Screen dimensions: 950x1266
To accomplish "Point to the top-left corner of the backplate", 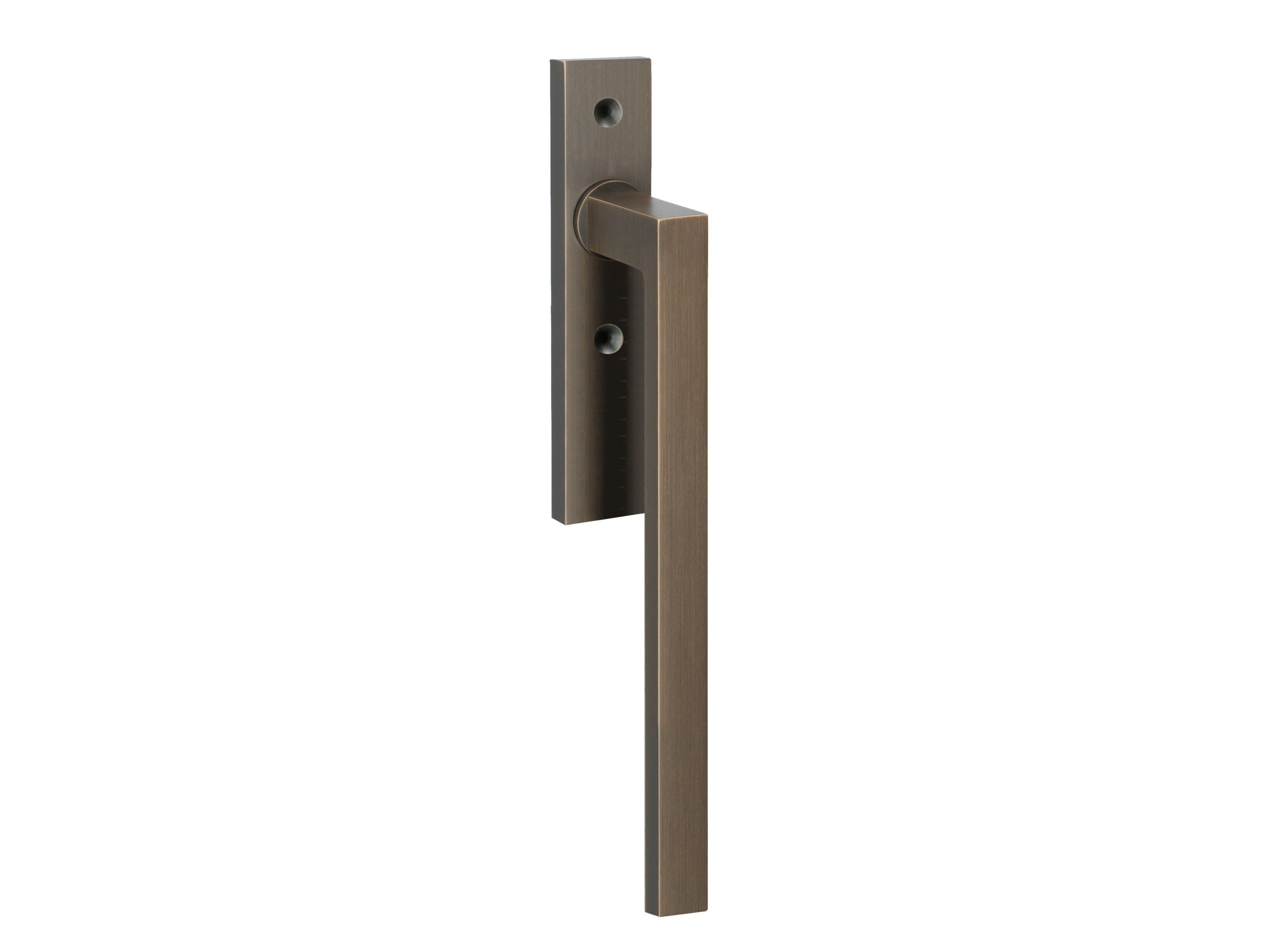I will click(x=551, y=59).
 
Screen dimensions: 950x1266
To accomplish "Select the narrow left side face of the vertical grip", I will click(x=651, y=572).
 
